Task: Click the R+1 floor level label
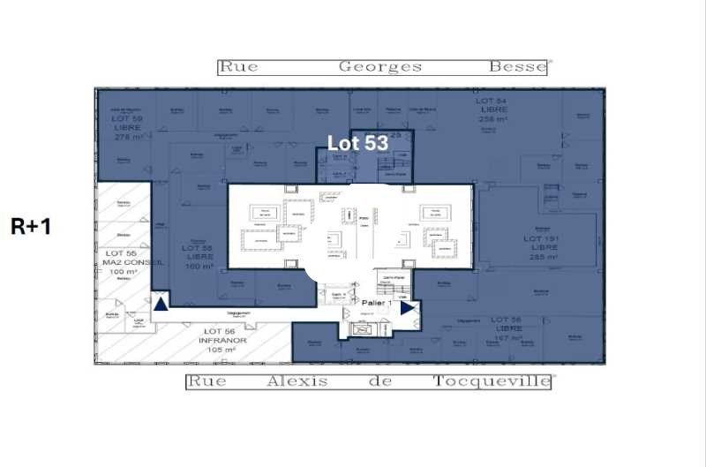(x=31, y=226)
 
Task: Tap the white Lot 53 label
(x=358, y=142)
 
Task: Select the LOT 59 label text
(x=126, y=118)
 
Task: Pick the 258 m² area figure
(x=492, y=118)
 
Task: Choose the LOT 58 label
(x=198, y=248)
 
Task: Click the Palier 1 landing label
(x=379, y=302)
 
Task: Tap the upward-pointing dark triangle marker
(x=161, y=305)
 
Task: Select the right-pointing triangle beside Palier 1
(x=407, y=308)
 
